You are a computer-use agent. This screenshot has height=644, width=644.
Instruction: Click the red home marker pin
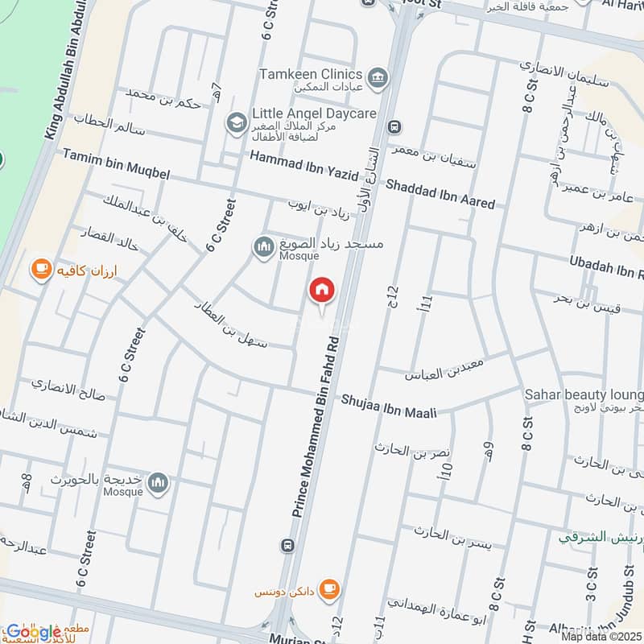point(322,291)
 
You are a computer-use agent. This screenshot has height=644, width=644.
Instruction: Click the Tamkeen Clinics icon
point(380,78)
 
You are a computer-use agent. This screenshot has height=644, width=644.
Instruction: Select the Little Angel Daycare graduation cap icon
point(236,122)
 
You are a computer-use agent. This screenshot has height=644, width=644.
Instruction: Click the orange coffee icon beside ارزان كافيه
point(39,268)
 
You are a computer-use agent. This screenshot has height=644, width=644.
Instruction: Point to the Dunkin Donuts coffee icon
point(328,589)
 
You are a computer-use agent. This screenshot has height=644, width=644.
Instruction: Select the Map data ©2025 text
point(601,637)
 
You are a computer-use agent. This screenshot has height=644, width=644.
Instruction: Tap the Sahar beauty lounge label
point(584,394)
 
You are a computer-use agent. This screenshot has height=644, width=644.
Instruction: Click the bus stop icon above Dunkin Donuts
point(287,546)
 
